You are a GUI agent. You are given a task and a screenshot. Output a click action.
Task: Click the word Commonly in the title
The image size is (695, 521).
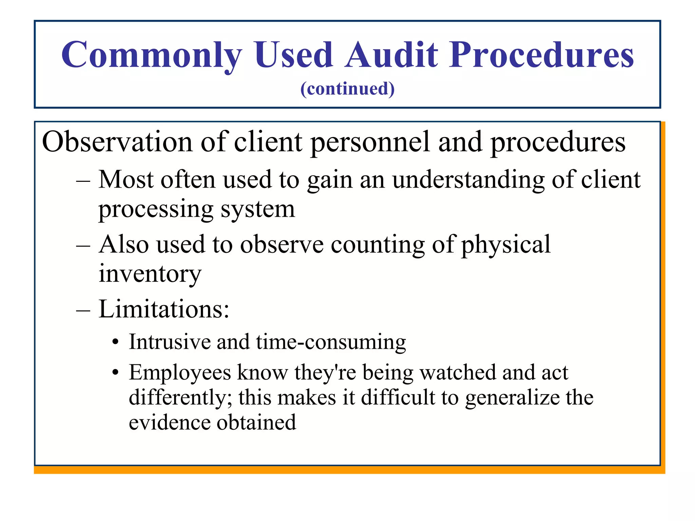tap(152, 55)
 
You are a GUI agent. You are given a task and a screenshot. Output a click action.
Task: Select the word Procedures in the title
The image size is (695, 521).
tap(542, 55)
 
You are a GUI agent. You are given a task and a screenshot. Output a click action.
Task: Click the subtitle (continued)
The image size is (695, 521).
tap(347, 89)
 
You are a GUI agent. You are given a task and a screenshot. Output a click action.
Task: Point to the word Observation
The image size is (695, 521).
tap(117, 142)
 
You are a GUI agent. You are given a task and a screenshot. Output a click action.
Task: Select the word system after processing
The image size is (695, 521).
tap(258, 210)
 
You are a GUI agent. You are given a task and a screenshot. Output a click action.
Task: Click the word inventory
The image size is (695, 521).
tap(150, 273)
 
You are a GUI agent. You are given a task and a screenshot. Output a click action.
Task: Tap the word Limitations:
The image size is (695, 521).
tap(164, 309)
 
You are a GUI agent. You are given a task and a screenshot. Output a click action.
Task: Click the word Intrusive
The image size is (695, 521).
tap(170, 342)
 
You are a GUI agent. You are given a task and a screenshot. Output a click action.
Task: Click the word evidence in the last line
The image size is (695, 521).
tap(170, 423)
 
